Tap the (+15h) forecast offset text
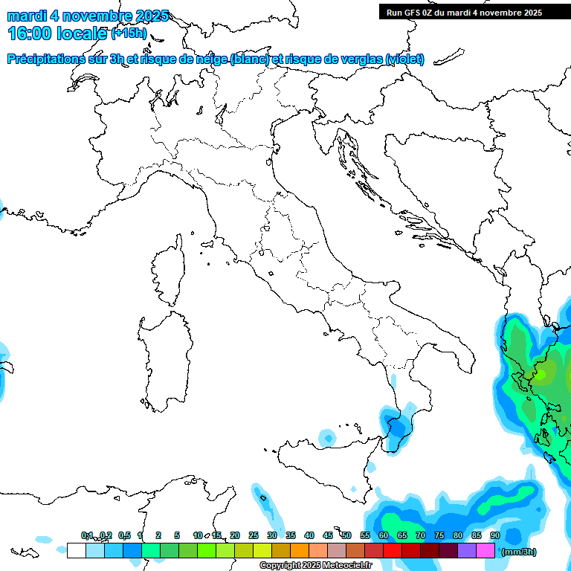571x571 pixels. click(x=129, y=33)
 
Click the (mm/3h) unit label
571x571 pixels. click(x=518, y=552)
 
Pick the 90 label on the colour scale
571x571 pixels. click(x=495, y=535)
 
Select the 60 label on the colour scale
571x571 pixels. click(x=384, y=535)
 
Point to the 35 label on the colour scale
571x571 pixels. click(x=291, y=535)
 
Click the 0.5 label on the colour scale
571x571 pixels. click(x=123, y=535)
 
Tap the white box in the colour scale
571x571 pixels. click(x=76, y=551)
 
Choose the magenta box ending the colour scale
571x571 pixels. click(x=485, y=551)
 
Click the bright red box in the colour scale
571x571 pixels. click(x=393, y=551)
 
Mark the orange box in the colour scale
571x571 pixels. click(x=300, y=551)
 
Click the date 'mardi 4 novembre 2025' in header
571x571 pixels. click(x=88, y=16)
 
